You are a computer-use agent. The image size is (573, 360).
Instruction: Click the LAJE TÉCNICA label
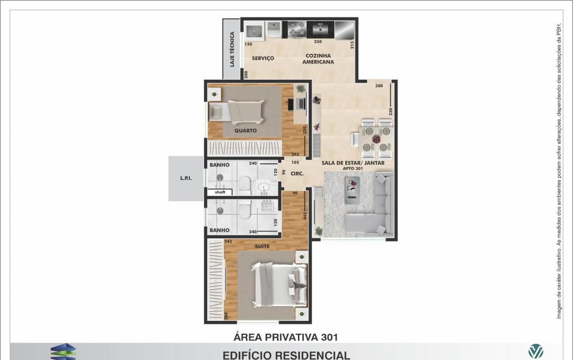pyautogui.click(x=232, y=49)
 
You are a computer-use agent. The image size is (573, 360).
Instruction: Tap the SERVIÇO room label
pyautogui.click(x=263, y=58)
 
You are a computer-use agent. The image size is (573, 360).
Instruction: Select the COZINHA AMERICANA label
pyautogui.click(x=318, y=59)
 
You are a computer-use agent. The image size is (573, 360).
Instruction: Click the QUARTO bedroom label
pyautogui.click(x=245, y=130)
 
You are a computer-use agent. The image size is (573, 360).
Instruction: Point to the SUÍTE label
pyautogui.click(x=262, y=246)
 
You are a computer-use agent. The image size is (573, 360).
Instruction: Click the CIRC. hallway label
pyautogui.click(x=297, y=174)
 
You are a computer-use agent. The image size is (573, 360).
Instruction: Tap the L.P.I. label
pyautogui.click(x=186, y=179)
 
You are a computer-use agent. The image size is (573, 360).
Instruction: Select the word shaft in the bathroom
pyautogui.click(x=220, y=192)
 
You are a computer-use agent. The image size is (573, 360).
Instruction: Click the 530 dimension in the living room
pyautogui.click(x=391, y=112)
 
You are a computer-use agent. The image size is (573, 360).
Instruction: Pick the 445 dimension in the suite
pyautogui.click(x=305, y=216)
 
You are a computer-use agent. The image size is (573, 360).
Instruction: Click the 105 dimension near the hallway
pyautogui.click(x=295, y=162)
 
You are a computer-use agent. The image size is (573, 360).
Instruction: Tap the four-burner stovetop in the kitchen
pyautogui.click(x=297, y=30)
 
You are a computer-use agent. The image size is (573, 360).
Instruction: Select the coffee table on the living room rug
pyautogui.click(x=352, y=191)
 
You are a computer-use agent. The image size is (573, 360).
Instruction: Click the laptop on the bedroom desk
pyautogui.click(x=301, y=104)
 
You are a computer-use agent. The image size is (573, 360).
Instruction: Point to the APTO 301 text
pyautogui.click(x=353, y=169)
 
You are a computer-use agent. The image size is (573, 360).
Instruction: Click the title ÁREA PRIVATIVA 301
pyautogui.click(x=286, y=337)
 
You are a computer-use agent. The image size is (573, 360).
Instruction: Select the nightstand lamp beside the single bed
pyautogui.click(x=214, y=95)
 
